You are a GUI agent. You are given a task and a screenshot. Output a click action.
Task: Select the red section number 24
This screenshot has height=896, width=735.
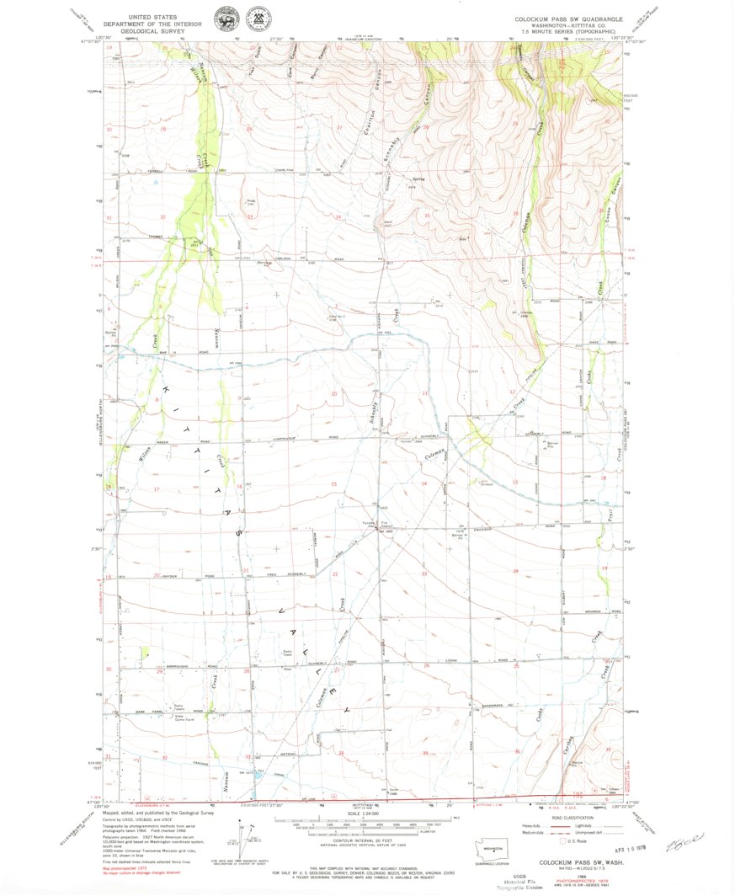pyautogui.click(x=515, y=571)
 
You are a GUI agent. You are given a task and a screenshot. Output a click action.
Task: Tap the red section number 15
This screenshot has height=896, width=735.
pyautogui.click(x=334, y=484)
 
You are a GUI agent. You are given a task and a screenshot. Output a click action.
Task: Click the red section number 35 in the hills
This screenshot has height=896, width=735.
pyautogui.click(x=428, y=216)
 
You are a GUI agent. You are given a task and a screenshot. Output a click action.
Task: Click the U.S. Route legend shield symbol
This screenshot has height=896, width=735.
pyautogui.click(x=559, y=840)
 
